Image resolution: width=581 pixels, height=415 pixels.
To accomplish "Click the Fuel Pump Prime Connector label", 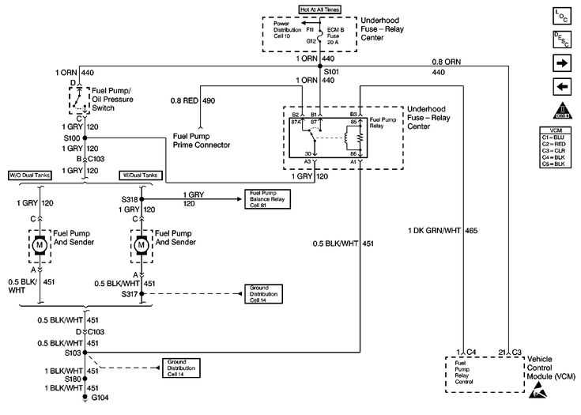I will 201,140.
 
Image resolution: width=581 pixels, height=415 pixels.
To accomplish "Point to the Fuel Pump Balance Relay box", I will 268,199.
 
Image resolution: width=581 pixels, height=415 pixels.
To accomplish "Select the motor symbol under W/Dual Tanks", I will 141,245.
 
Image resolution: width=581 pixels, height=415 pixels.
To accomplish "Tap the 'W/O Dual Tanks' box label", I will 30,175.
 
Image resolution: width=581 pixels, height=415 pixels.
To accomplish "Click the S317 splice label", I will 129,294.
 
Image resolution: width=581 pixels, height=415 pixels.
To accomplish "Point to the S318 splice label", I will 129,199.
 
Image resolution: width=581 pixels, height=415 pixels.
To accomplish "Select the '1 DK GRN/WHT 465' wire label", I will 443,231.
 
